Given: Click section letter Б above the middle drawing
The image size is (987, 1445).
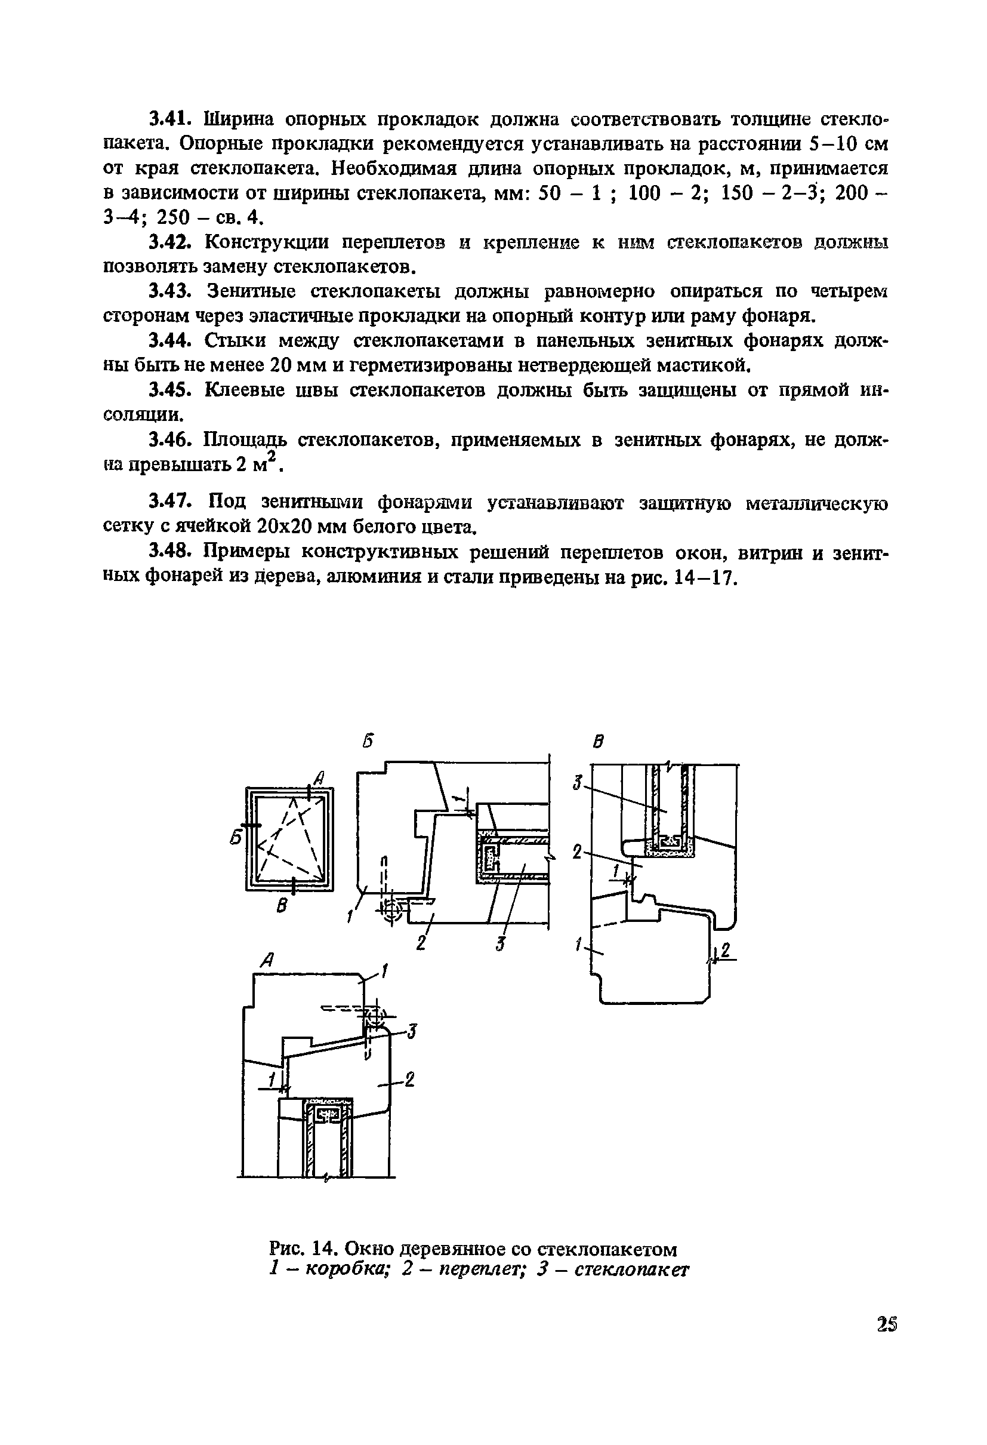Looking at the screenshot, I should point(369,741).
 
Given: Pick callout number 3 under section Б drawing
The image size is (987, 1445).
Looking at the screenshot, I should point(500,945).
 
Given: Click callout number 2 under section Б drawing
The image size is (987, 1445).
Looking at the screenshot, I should point(422,943).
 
